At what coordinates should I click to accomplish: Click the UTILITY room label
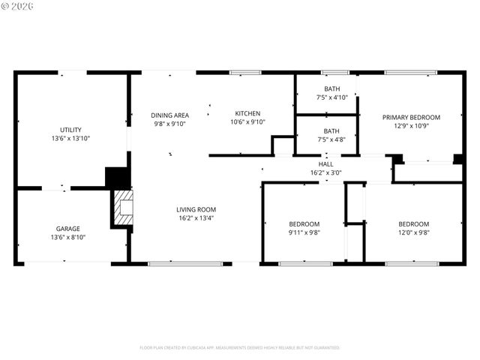(x=71, y=130)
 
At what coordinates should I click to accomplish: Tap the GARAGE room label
(x=67, y=229)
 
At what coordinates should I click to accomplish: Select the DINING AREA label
(x=170, y=115)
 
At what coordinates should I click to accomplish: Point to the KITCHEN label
(x=247, y=113)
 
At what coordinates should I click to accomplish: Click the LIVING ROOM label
(x=196, y=209)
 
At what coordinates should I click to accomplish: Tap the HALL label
(x=326, y=163)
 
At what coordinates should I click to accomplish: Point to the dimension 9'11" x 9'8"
(x=304, y=232)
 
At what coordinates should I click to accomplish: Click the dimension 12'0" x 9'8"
(x=413, y=232)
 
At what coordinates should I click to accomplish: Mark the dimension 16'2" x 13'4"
(x=196, y=218)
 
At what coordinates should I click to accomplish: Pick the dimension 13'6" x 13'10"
(x=71, y=139)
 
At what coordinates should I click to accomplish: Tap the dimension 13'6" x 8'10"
(x=67, y=238)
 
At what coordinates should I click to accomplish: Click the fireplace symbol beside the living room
(x=122, y=208)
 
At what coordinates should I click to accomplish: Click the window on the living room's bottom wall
(x=185, y=263)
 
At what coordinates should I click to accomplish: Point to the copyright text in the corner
(x=19, y=8)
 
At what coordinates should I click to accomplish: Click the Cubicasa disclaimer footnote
(x=240, y=347)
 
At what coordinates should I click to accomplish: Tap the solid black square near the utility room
(x=117, y=178)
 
